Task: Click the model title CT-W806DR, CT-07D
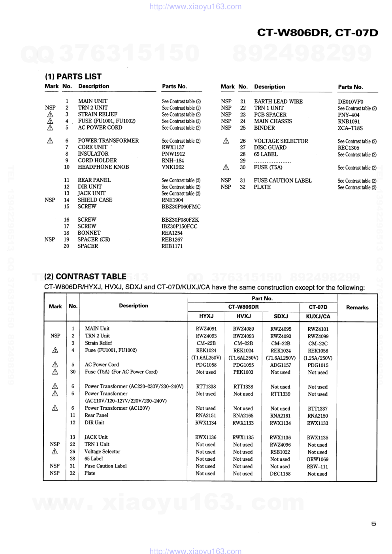317,33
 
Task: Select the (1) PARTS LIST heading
73,77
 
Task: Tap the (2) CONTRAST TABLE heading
85,277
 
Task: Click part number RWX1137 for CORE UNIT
173,147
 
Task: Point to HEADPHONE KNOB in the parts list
103,167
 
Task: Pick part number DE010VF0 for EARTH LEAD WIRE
351,102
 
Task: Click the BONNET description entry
89,233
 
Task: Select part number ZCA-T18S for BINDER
350,128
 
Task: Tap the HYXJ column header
206,316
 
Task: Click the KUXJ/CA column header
318,316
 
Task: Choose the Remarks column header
357,307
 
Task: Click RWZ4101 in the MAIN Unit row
318,329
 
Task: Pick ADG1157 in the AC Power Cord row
281,365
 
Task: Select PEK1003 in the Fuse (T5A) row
243,372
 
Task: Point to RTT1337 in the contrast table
318,409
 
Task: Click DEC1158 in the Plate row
280,474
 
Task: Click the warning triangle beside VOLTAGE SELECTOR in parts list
226,141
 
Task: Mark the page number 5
373,524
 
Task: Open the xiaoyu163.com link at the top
196,7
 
